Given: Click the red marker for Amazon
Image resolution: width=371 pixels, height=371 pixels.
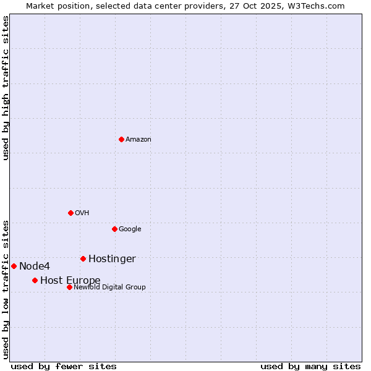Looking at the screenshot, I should click(121, 139).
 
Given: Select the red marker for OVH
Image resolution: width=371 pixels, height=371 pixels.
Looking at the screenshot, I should click(70, 213).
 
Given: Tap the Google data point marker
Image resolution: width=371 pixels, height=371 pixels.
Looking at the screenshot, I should click(114, 229).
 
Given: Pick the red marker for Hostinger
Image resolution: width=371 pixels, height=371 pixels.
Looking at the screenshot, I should click(83, 258).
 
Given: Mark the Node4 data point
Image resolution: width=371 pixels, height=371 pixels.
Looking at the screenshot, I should click(14, 266).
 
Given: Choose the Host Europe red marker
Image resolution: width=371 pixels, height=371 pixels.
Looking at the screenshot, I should click(35, 280).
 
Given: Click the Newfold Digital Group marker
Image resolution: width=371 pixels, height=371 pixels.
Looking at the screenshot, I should click(69, 287).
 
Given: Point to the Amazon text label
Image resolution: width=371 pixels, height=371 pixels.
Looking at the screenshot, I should click(139, 139).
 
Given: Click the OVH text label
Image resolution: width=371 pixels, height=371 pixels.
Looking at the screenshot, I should click(82, 213).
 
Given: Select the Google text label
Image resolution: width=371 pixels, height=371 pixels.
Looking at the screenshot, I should click(130, 229).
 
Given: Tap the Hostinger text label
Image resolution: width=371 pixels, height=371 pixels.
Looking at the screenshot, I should click(112, 258).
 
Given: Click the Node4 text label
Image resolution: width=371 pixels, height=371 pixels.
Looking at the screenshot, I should click(35, 266).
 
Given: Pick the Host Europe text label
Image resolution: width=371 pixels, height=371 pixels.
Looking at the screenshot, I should click(70, 280).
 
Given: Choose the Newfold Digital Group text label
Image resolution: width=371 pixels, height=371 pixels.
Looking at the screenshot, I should click(109, 287).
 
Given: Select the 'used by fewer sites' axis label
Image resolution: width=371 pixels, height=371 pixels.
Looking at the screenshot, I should click(64, 366).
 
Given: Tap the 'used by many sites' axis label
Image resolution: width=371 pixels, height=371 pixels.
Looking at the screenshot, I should click(310, 366).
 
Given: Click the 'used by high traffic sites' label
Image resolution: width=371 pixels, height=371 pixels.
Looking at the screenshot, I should click(6, 88).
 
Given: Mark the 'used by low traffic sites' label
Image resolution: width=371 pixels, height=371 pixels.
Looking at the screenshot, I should click(6, 289).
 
